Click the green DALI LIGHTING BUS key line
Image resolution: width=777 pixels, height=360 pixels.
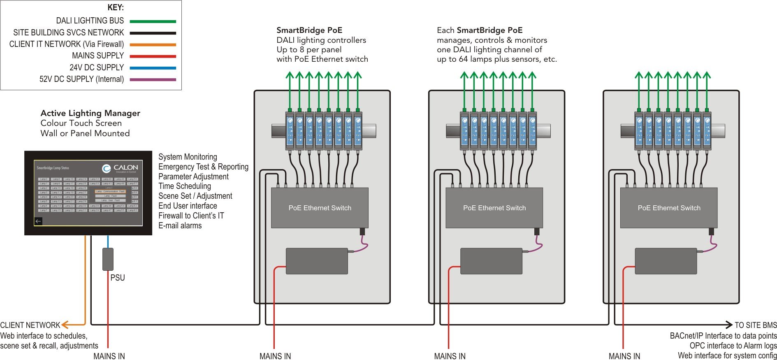[x=153, y=21]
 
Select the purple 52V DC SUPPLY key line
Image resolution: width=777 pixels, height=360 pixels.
[x=153, y=79]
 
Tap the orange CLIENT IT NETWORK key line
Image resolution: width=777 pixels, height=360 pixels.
[x=153, y=44]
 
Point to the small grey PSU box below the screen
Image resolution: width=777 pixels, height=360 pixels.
[x=108, y=259]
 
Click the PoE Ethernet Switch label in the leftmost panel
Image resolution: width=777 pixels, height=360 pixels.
[x=320, y=208]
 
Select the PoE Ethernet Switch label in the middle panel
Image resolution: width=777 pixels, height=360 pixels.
[x=494, y=208]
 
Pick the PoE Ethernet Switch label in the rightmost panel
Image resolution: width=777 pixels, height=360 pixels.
[x=669, y=208]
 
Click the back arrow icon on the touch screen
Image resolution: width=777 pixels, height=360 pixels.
[x=38, y=221]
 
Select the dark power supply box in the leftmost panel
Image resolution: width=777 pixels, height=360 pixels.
[x=317, y=261]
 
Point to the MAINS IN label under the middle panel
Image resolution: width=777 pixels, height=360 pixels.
[x=450, y=356]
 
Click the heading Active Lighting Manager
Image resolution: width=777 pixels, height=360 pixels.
[x=90, y=113]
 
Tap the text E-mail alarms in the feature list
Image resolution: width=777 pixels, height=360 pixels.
[x=180, y=225]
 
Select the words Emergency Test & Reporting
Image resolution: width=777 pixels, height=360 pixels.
[x=203, y=167]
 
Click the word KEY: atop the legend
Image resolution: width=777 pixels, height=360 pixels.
[x=116, y=7]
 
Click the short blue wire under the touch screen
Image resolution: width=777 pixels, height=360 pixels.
[x=108, y=242]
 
